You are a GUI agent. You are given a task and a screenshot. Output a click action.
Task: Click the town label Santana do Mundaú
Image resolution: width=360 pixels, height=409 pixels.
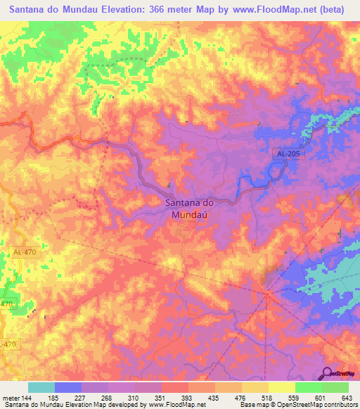tap(188, 209)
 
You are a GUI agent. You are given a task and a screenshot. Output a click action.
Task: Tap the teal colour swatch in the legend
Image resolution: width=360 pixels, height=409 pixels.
tap(41, 387)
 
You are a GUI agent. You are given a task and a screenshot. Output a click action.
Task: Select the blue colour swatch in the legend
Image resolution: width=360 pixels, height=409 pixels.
tap(68, 387)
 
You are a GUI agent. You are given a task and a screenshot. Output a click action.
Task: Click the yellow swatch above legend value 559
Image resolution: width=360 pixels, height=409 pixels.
tap(282, 387)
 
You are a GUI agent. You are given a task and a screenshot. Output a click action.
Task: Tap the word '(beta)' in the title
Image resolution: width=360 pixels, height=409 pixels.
tap(330, 9)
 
